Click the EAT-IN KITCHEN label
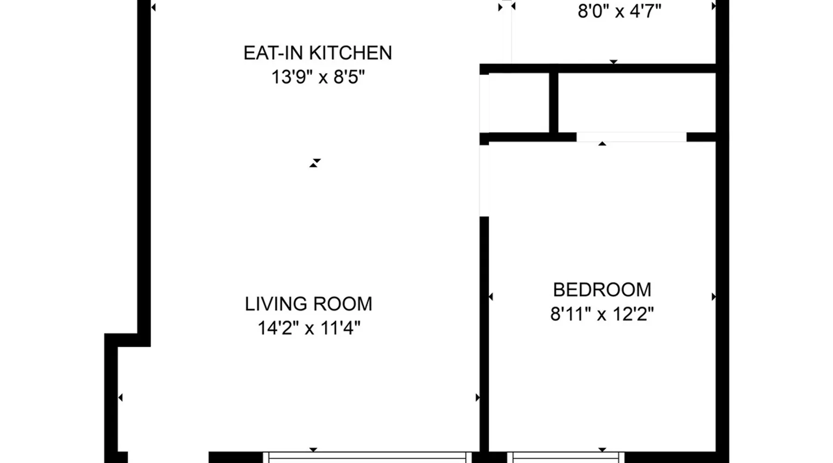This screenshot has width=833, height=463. [317, 53]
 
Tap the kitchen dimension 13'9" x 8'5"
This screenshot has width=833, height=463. [318, 77]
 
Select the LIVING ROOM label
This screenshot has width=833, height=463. [308, 304]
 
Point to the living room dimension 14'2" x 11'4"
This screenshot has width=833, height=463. [309, 328]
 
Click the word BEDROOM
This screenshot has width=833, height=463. [602, 290]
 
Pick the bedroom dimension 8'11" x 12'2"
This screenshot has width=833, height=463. [602, 314]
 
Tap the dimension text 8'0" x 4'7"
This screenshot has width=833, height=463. [619, 11]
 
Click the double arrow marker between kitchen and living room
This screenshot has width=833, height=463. [315, 163]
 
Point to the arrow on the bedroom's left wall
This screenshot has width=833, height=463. [491, 296]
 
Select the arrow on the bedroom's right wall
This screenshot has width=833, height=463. [714, 296]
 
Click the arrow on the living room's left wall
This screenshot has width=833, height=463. [120, 397]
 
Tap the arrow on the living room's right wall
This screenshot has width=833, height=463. [478, 397]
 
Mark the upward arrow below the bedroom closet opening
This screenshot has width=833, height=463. [602, 144]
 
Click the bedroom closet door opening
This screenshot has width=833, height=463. [631, 137]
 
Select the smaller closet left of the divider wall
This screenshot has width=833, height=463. [519, 102]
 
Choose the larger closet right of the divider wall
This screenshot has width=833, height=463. [637, 102]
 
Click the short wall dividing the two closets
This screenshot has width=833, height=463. [553, 102]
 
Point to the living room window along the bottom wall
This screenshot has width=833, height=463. [367, 457]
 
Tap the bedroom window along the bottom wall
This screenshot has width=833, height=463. [565, 457]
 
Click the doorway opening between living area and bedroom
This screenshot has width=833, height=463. [484, 181]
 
